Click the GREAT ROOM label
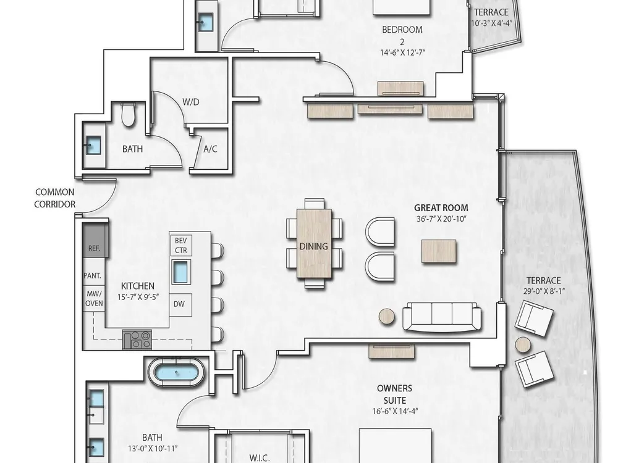point(441,207)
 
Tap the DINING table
point(314,243)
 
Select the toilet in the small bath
point(128,114)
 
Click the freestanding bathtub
point(176,372)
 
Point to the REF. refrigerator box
point(94,241)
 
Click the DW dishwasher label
point(179,304)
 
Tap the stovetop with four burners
point(137,340)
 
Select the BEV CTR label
point(181,245)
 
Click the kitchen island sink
point(181,272)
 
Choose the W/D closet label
point(191,102)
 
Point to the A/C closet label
point(210,149)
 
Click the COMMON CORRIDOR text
point(55,198)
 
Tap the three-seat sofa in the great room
point(442,317)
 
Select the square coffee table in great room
point(439,251)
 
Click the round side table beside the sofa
point(387,317)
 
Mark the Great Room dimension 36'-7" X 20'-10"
point(441,219)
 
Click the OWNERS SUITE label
point(394,394)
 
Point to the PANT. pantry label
point(92,275)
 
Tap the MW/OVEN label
point(94,298)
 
